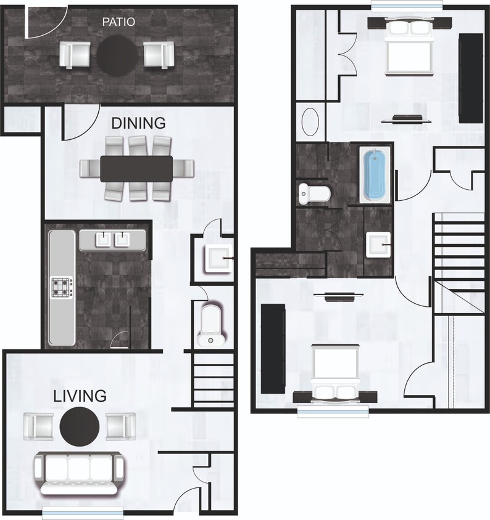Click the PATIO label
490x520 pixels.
pos(118,23)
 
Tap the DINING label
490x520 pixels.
pos(138,123)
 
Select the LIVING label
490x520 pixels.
pos(79,395)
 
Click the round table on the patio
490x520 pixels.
pos(117,55)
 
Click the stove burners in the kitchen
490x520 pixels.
pos(62,287)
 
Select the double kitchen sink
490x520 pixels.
pos(112,240)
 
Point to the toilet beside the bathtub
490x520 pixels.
pos(314,193)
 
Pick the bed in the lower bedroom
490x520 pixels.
pos(335,373)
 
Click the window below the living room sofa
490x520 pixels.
pos(83,511)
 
